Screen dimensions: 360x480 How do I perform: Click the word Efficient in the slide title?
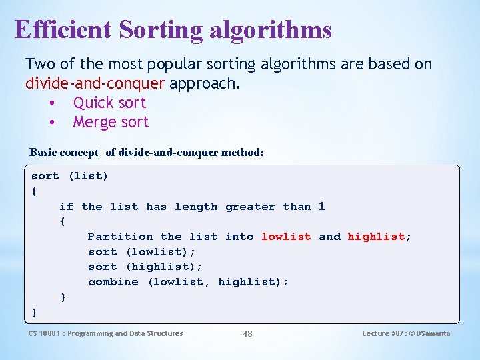click(64, 29)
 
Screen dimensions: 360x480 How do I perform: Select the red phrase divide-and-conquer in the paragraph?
click(95, 83)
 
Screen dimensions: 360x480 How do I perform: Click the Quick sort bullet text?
click(109, 103)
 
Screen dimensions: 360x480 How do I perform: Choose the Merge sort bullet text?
click(111, 122)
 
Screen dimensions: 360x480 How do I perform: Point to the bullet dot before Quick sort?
click(51, 103)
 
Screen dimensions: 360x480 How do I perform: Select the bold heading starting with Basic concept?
click(147, 152)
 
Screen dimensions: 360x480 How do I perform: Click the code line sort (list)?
click(69, 176)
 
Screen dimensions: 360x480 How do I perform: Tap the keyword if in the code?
click(66, 207)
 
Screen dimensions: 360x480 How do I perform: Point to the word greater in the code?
click(250, 207)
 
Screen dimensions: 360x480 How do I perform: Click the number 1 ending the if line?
click(321, 207)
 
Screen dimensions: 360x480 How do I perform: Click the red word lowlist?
click(286, 237)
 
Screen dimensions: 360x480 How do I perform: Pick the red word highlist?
click(377, 237)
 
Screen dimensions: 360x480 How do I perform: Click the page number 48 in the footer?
click(247, 334)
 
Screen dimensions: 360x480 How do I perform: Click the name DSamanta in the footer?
click(433, 333)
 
